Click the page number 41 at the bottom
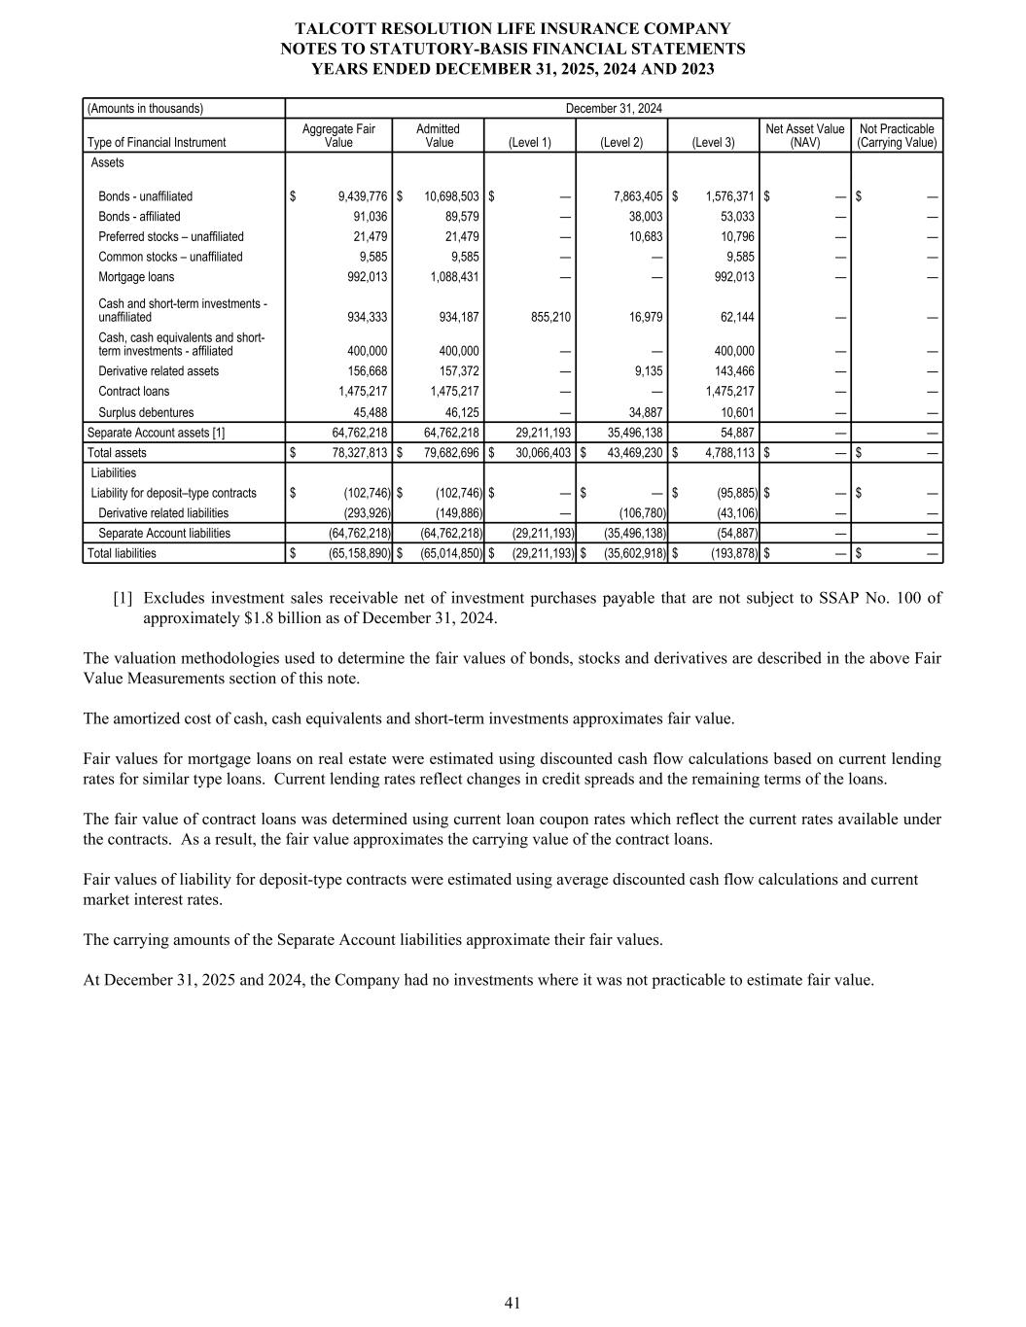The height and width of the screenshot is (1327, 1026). pyautogui.click(x=513, y=1304)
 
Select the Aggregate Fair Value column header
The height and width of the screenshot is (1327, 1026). pyautogui.click(x=338, y=135)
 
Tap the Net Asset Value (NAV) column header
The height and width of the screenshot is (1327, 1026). pyautogui.click(x=805, y=135)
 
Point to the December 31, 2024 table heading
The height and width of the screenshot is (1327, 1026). pyautogui.click(x=614, y=108)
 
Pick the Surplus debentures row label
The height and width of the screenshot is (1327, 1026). pyautogui.click(x=146, y=412)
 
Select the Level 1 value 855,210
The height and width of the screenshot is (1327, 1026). pyautogui.click(x=547, y=317)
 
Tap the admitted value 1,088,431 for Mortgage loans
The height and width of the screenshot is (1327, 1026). pyautogui.click(x=454, y=277)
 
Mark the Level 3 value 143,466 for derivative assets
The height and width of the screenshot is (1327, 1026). pyautogui.click(x=732, y=371)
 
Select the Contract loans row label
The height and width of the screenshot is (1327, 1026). pyautogui.click(x=133, y=392)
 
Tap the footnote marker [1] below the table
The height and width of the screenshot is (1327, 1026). pyautogui.click(x=123, y=598)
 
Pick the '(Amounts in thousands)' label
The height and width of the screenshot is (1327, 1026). pyautogui.click(x=146, y=108)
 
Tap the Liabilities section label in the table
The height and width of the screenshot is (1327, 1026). pyautogui.click(x=113, y=473)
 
